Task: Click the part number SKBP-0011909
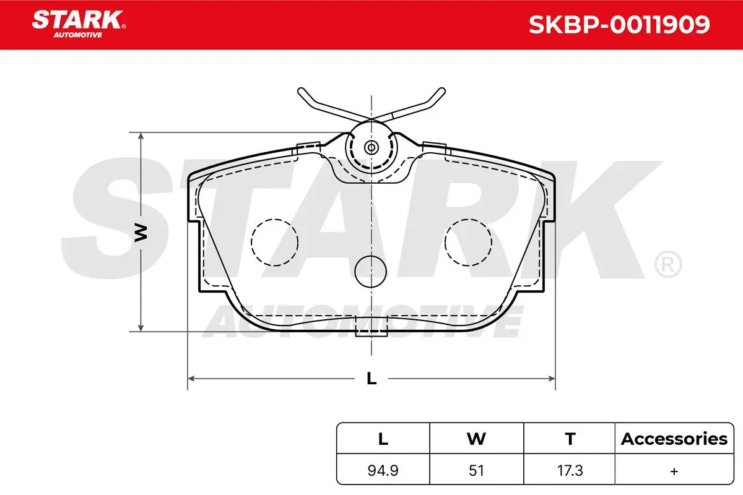(619, 25)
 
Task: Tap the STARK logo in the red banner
(79, 24)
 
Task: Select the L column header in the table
(383, 439)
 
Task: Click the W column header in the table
(476, 439)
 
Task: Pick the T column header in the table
(570, 439)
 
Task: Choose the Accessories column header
(674, 439)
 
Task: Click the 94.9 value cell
(383, 471)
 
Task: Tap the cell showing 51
(476, 471)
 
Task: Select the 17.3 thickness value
(570, 471)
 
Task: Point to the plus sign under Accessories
(674, 471)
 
